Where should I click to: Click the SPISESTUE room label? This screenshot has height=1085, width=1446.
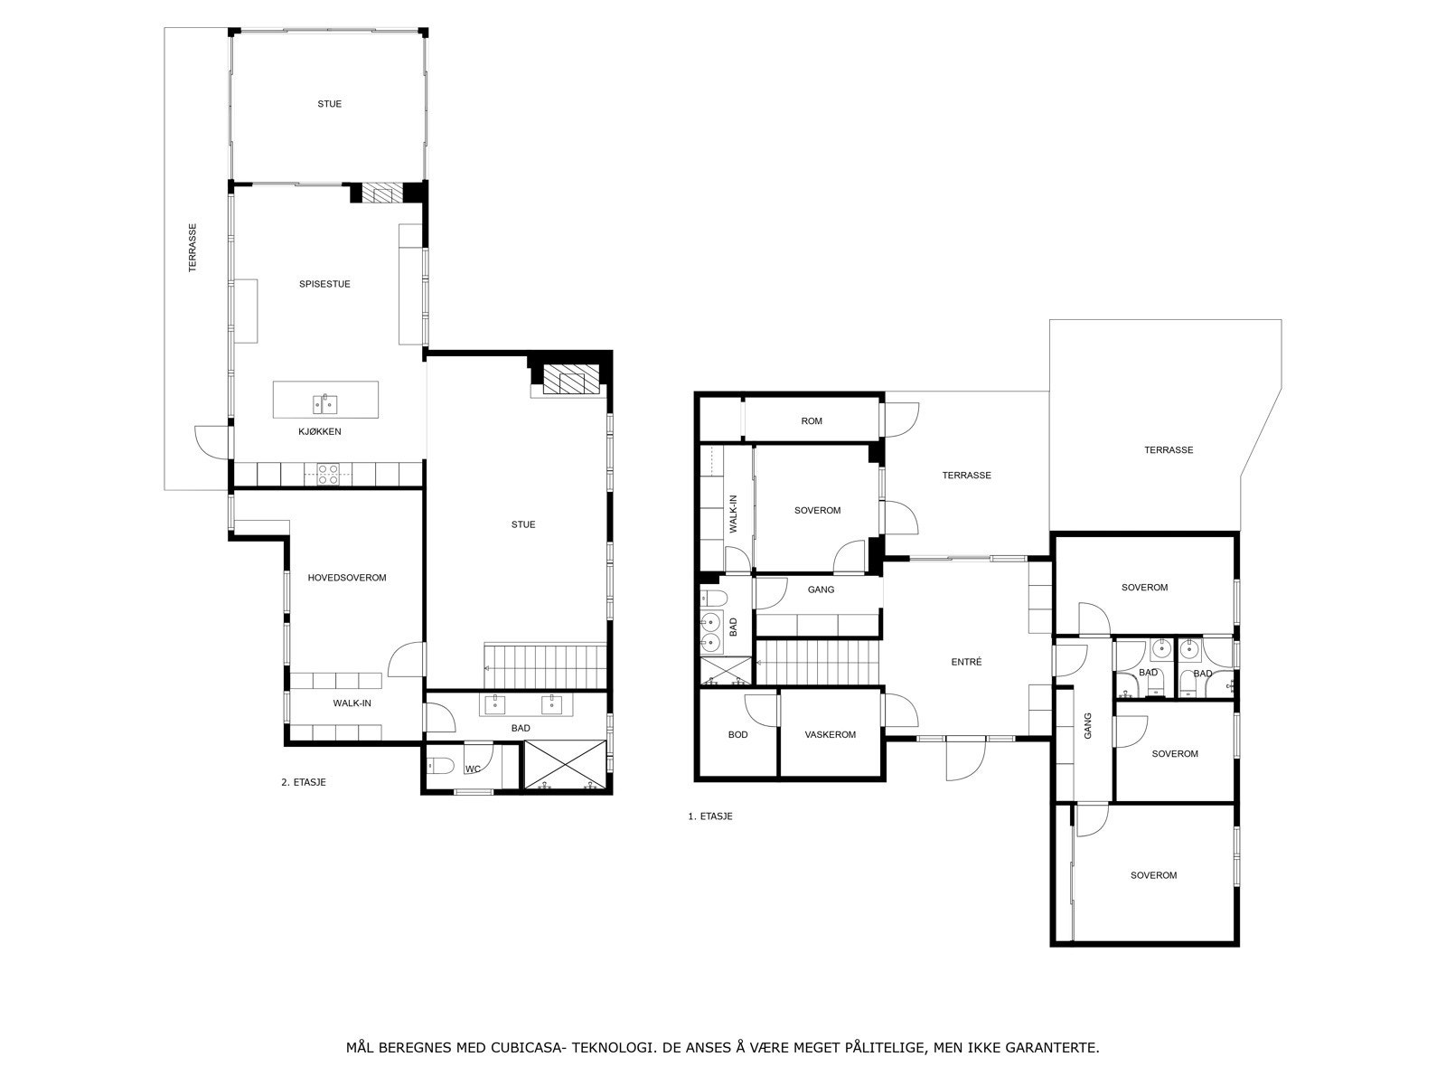pos(324,284)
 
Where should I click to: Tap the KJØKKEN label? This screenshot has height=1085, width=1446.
pos(320,431)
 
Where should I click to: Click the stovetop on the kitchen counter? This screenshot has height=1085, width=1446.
pos(328,475)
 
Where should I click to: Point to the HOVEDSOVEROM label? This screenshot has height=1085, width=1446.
pos(347,578)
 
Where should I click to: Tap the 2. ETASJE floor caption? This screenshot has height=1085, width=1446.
pos(303,782)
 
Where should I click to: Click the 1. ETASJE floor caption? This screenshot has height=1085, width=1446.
pos(709,816)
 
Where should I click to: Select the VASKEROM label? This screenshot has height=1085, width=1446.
pos(831,734)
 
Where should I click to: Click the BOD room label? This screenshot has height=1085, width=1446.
pos(738,734)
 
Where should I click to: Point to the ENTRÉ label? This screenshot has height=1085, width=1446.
pos(966,662)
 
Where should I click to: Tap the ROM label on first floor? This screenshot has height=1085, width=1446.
pos(812,420)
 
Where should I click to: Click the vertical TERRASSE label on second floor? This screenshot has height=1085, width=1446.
pos(192,248)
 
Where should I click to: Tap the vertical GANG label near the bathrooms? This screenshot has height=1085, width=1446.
pos(1087,726)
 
